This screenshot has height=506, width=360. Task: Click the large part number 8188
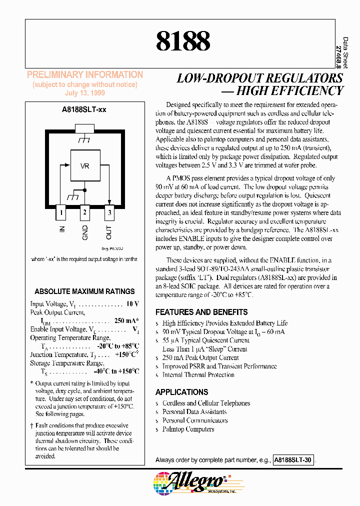pyautogui.click(x=183, y=40)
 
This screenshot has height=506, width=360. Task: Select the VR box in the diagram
pyautogui.click(x=84, y=165)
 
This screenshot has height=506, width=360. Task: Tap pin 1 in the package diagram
pyautogui.click(x=61, y=212)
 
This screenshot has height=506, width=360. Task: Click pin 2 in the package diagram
pyautogui.click(x=84, y=212)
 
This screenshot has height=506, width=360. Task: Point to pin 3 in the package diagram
pyautogui.click(x=108, y=212)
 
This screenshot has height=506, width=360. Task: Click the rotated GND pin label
pyautogui.click(x=85, y=233)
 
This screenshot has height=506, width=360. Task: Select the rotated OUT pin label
pyautogui.click(x=109, y=232)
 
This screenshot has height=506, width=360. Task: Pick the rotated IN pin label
pyautogui.click(x=62, y=229)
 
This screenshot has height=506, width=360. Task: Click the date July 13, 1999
pyautogui.click(x=84, y=93)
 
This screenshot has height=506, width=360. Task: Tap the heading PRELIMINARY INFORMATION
pyautogui.click(x=84, y=75)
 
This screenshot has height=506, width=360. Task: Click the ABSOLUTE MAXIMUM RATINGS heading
pyautogui.click(x=84, y=291)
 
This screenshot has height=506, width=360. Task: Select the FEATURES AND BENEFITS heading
pyautogui.click(x=201, y=312)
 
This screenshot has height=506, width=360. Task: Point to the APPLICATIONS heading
pyautogui.click(x=181, y=392)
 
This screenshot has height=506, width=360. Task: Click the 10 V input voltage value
pyautogui.click(x=132, y=304)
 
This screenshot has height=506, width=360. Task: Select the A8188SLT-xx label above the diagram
pyautogui.click(x=84, y=108)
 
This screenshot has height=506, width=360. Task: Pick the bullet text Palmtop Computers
pyautogui.click(x=188, y=429)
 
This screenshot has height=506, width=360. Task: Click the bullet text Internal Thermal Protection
pyautogui.click(x=198, y=374)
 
